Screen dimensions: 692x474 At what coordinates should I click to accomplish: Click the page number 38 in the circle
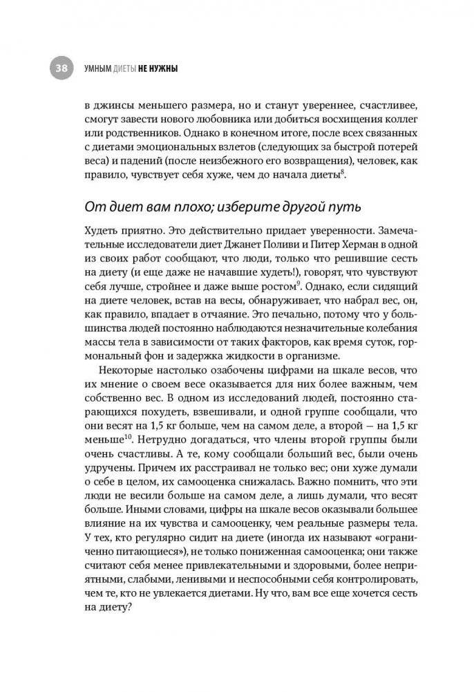[x=61, y=68]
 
